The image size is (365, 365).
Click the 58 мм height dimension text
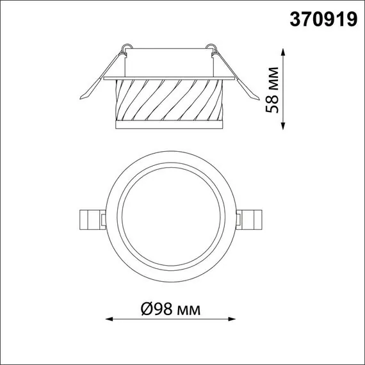pyautogui.click(x=273, y=88)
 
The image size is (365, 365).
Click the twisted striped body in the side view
pyautogui.click(x=170, y=99)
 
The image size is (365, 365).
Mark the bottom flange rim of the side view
pyautogui.click(x=170, y=124)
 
